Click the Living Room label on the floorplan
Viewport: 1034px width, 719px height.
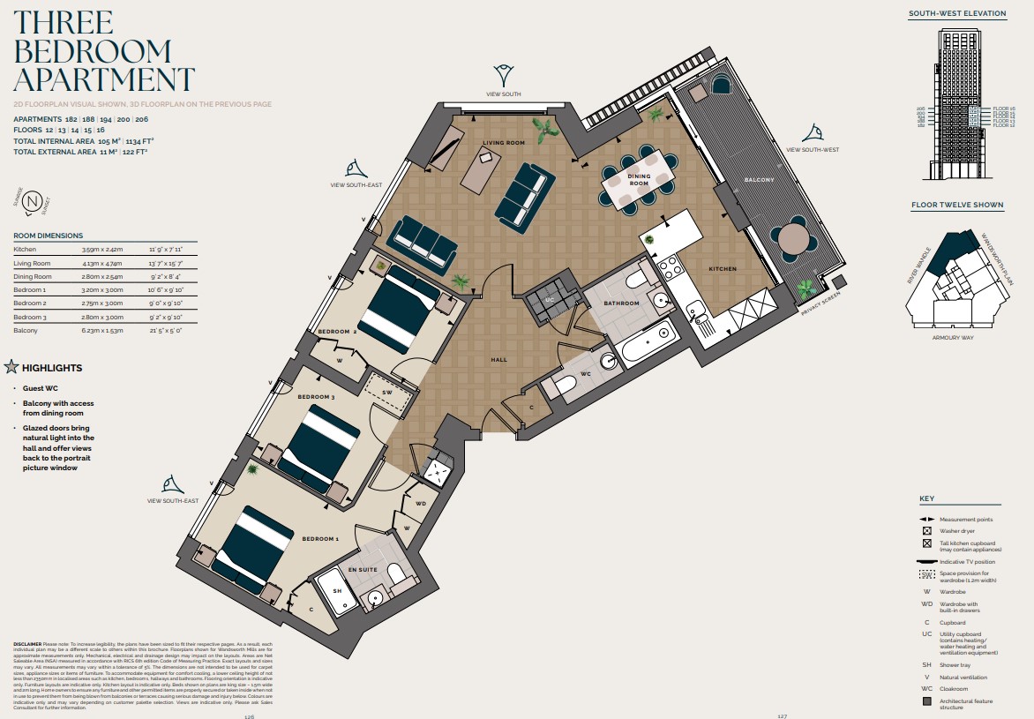[x=504, y=142]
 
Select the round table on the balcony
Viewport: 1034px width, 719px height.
[x=793, y=239]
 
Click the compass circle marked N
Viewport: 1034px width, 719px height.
[x=34, y=203]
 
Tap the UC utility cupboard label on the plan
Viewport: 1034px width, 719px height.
[x=549, y=301]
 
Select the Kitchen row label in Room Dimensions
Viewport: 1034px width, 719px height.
[x=26, y=250]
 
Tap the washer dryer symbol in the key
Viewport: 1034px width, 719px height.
[x=926, y=531]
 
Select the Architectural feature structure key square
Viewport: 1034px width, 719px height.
[x=926, y=701]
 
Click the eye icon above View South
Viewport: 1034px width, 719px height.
[x=504, y=72]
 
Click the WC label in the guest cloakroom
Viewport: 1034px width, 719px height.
[x=586, y=373]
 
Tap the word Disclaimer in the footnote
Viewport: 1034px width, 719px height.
[x=27, y=645]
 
